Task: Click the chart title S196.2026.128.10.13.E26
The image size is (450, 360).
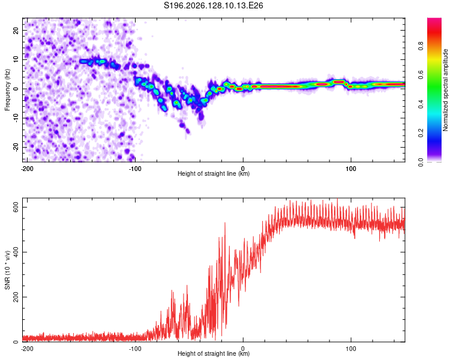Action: [x=213, y=5]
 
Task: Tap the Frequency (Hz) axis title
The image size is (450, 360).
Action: [x=7, y=90]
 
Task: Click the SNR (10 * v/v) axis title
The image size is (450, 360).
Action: [x=7, y=270]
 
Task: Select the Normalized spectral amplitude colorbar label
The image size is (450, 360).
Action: [x=445, y=90]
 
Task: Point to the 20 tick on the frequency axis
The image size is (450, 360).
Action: [x=16, y=30]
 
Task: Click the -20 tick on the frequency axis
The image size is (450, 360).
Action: [x=16, y=147]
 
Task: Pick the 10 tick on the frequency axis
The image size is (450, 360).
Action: [x=16, y=59]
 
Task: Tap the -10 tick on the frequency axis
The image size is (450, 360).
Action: [x=16, y=118]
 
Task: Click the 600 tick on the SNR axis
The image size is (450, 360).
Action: [x=16, y=207]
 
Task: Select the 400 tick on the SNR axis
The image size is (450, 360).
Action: [x=16, y=252]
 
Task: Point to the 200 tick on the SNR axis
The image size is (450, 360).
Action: [x=16, y=297]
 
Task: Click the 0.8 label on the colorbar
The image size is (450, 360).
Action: [x=421, y=46]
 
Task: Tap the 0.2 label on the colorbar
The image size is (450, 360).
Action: [x=421, y=133]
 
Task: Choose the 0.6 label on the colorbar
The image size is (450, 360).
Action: [x=421, y=75]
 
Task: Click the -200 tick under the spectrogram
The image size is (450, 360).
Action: [x=27, y=169]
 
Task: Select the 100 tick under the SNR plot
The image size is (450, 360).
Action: [x=351, y=349]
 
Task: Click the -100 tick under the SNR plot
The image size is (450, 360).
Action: [x=135, y=349]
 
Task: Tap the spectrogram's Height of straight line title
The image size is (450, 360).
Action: [x=214, y=173]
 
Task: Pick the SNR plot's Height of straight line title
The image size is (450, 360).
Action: [x=214, y=353]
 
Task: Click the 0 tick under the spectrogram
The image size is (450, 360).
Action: [x=243, y=169]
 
